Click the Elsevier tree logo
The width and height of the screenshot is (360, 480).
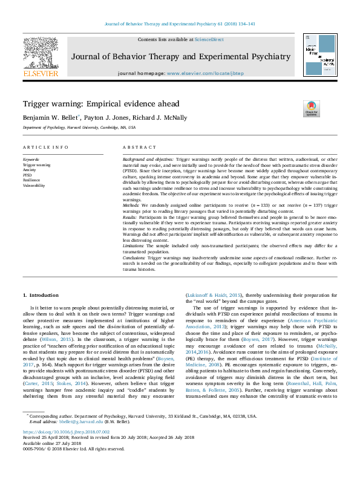(x=40, y=55)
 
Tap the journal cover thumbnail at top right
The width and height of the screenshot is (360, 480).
(x=319, y=55)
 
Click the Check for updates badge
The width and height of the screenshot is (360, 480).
(x=311, y=109)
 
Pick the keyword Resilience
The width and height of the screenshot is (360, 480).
(x=31, y=180)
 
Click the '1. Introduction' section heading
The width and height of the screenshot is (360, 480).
(x=41, y=295)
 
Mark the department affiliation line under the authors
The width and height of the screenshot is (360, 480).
(x=79, y=128)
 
